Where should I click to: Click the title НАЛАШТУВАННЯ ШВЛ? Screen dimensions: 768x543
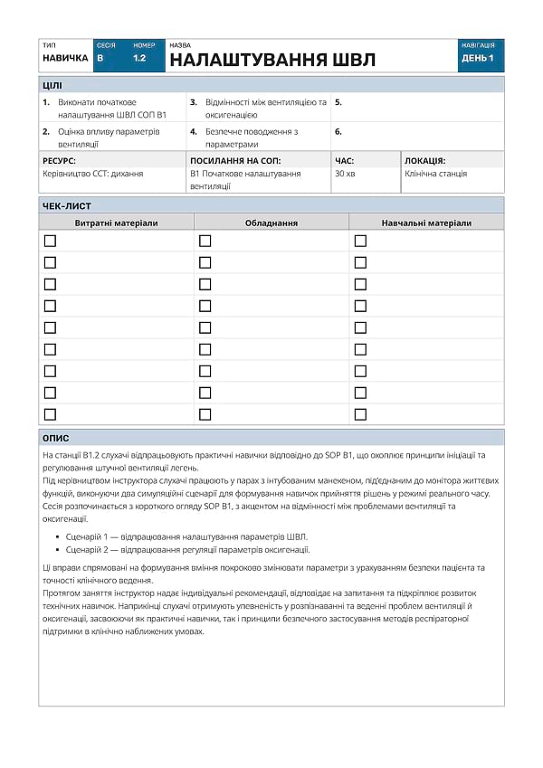[x=272, y=61]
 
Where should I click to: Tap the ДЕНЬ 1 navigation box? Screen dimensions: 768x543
[x=478, y=58]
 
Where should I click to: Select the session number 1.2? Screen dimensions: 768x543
[x=139, y=58]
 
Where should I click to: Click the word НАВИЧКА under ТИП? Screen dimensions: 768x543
[x=65, y=58]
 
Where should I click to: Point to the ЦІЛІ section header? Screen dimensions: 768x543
[x=52, y=85]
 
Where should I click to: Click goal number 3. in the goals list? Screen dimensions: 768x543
[x=194, y=102]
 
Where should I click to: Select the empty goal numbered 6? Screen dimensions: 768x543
[x=338, y=131]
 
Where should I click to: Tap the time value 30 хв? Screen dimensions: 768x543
[x=345, y=173]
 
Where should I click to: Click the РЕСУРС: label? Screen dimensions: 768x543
[x=59, y=160]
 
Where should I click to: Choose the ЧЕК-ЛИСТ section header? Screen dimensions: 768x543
[x=67, y=205]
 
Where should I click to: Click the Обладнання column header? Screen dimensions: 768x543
[x=271, y=223]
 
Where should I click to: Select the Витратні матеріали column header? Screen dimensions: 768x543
[x=116, y=223]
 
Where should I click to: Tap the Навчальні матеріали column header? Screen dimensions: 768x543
[x=426, y=223]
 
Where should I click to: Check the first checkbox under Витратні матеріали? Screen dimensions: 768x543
[x=50, y=241]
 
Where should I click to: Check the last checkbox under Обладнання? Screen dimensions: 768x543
[x=205, y=414]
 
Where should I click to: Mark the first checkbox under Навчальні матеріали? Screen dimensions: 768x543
[x=360, y=241]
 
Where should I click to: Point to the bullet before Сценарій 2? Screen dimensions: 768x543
[x=58, y=549]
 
